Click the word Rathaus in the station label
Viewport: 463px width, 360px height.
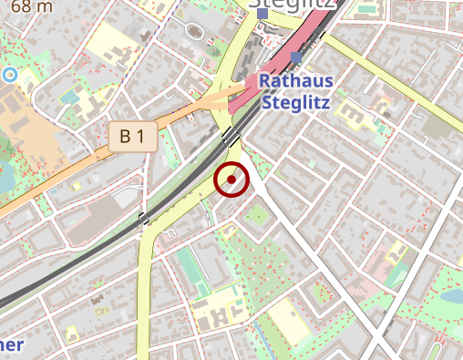(295, 81)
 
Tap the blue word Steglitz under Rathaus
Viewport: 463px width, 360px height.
(295, 101)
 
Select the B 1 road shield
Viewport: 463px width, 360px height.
(132, 137)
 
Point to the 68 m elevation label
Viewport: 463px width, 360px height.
(32, 6)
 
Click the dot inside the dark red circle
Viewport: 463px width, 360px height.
(232, 180)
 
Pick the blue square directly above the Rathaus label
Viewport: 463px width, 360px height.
(296, 58)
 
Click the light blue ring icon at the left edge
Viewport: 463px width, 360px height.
(10, 75)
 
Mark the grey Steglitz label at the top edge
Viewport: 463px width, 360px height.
(294, 7)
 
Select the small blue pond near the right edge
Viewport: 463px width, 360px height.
(450, 297)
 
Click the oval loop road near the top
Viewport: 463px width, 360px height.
(194, 31)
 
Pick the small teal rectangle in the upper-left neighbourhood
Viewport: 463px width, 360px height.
(69, 96)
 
